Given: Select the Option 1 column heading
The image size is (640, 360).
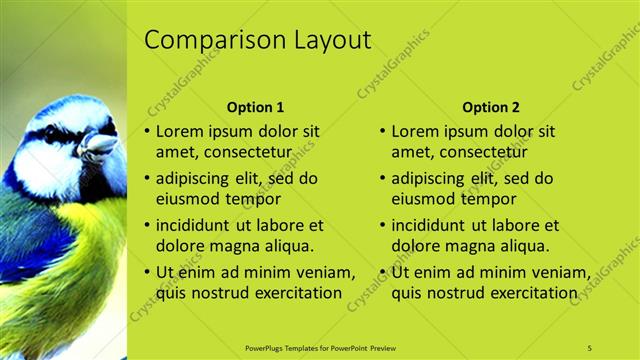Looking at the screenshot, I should pyautogui.click(x=255, y=107).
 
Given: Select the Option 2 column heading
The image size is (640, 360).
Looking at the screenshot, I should pyautogui.click(x=491, y=107).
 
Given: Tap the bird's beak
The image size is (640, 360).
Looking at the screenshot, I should pyautogui.click(x=97, y=147).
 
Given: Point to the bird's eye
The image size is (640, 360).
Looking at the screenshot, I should pyautogui.click(x=52, y=134).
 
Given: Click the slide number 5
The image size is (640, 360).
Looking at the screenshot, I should pyautogui.click(x=589, y=347).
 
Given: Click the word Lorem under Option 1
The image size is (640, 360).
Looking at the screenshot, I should pyautogui.click(x=181, y=131).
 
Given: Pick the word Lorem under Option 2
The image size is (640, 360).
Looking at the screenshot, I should pyautogui.click(x=416, y=131).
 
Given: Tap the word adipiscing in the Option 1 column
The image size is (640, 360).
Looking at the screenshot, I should pyautogui.click(x=196, y=179).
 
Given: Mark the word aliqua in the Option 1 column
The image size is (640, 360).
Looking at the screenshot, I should pyautogui.click(x=288, y=245).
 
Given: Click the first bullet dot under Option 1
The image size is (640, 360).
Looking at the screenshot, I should pyautogui.click(x=148, y=132).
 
